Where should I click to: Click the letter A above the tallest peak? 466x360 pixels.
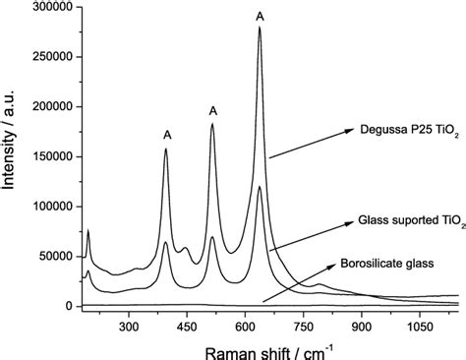[260, 16]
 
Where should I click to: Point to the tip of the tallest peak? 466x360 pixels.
[260, 28]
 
